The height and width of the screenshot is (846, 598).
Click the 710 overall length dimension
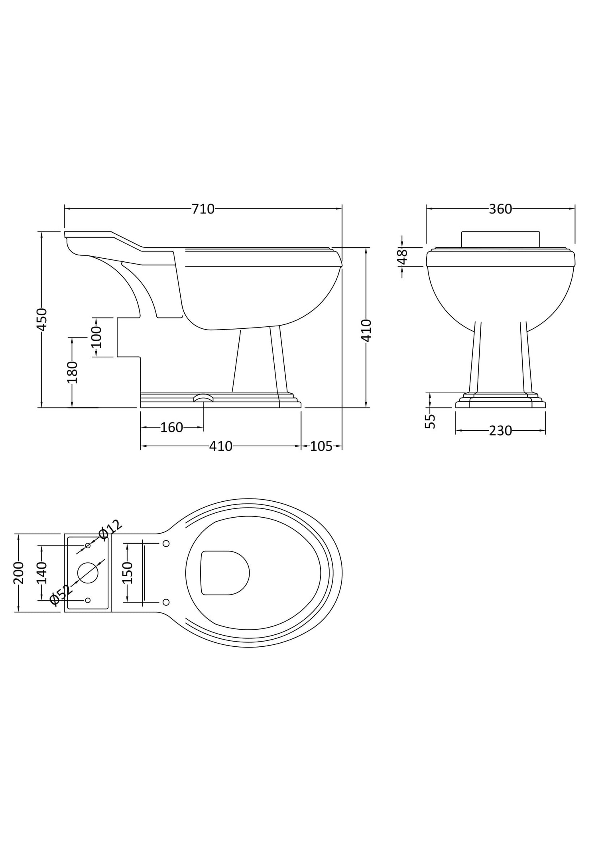[x=203, y=209]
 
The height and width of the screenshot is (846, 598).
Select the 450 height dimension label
[x=42, y=319]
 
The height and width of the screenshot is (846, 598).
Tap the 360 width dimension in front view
[x=500, y=209]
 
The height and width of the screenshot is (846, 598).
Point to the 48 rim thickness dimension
[x=403, y=257]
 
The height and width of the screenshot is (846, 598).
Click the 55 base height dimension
[x=430, y=421]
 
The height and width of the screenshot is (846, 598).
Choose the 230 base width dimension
[x=500, y=431]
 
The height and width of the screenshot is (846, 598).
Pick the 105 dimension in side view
[x=321, y=446]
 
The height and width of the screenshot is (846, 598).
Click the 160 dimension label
[x=171, y=428]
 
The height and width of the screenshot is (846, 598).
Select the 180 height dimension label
[x=72, y=372]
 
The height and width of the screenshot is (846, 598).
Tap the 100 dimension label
[x=96, y=337]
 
